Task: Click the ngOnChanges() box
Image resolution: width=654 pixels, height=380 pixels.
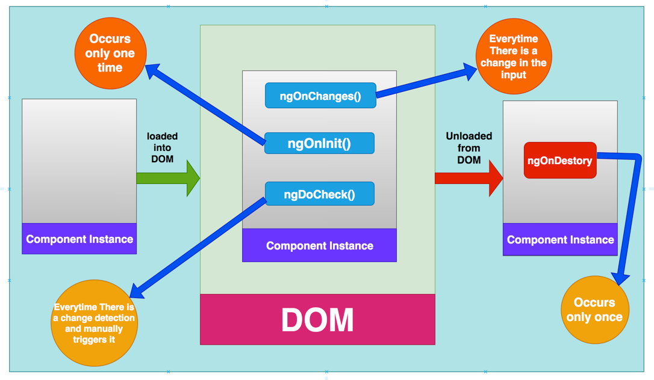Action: [320, 96]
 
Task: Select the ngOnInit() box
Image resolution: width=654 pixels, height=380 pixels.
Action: [319, 143]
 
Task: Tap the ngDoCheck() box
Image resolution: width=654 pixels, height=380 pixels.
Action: [320, 194]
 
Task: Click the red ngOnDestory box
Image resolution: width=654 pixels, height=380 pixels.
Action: [559, 161]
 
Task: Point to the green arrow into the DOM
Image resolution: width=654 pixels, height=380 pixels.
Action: [167, 178]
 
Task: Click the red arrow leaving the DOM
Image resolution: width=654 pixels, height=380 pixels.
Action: [469, 178]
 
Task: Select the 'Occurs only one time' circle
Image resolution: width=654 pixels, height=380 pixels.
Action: [110, 54]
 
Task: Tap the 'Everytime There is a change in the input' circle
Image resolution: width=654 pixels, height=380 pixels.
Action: [514, 56]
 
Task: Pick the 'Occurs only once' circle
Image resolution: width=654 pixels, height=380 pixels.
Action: [594, 310]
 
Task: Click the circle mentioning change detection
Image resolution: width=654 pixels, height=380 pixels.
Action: [94, 323]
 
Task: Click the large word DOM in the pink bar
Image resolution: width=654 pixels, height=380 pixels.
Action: [317, 320]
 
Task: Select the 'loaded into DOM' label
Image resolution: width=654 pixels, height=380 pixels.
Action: [162, 147]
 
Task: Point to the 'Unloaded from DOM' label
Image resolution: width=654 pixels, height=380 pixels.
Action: [469, 148]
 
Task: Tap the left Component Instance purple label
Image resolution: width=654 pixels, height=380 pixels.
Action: [79, 239]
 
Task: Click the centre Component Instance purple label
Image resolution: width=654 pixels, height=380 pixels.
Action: [320, 245]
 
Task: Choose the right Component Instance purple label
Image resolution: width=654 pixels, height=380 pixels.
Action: [560, 239]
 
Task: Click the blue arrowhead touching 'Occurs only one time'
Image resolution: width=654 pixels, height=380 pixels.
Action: [154, 71]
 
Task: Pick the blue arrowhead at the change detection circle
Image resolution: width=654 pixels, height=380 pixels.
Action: [138, 291]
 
